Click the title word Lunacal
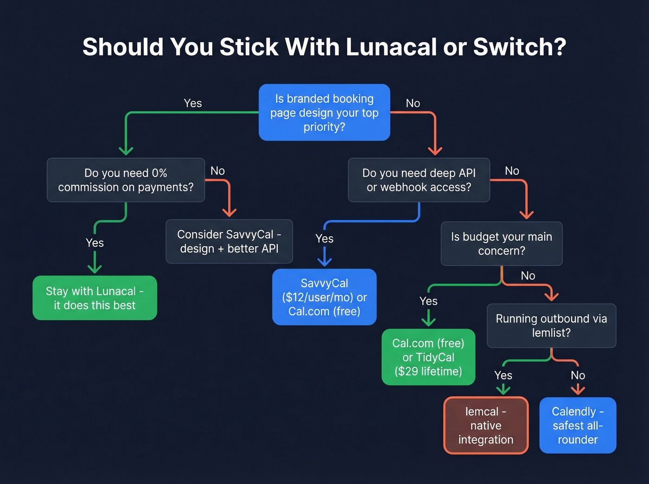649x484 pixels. click(x=391, y=47)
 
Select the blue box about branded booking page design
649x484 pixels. click(x=324, y=113)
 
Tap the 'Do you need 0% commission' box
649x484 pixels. click(x=126, y=180)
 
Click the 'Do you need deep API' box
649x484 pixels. click(x=419, y=180)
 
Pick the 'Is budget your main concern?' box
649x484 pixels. click(x=501, y=244)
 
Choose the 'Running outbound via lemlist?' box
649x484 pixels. click(x=551, y=326)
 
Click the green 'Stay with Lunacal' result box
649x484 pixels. click(x=95, y=298)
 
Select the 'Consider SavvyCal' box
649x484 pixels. click(x=229, y=241)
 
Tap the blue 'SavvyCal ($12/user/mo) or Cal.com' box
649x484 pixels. click(x=324, y=297)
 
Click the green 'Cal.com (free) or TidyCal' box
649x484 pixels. click(x=428, y=357)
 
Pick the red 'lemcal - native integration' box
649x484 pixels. click(x=486, y=425)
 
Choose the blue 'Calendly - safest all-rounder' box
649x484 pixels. click(x=578, y=425)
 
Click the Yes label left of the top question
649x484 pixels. click(x=192, y=103)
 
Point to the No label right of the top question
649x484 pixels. click(x=413, y=103)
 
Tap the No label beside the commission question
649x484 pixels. click(x=217, y=171)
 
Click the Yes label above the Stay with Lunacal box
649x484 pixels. click(x=95, y=243)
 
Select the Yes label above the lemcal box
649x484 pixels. click(x=503, y=375)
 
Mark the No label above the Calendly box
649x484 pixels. click(x=578, y=375)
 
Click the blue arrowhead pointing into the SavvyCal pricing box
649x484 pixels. click(x=324, y=262)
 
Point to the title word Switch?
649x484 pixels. click(x=520, y=47)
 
